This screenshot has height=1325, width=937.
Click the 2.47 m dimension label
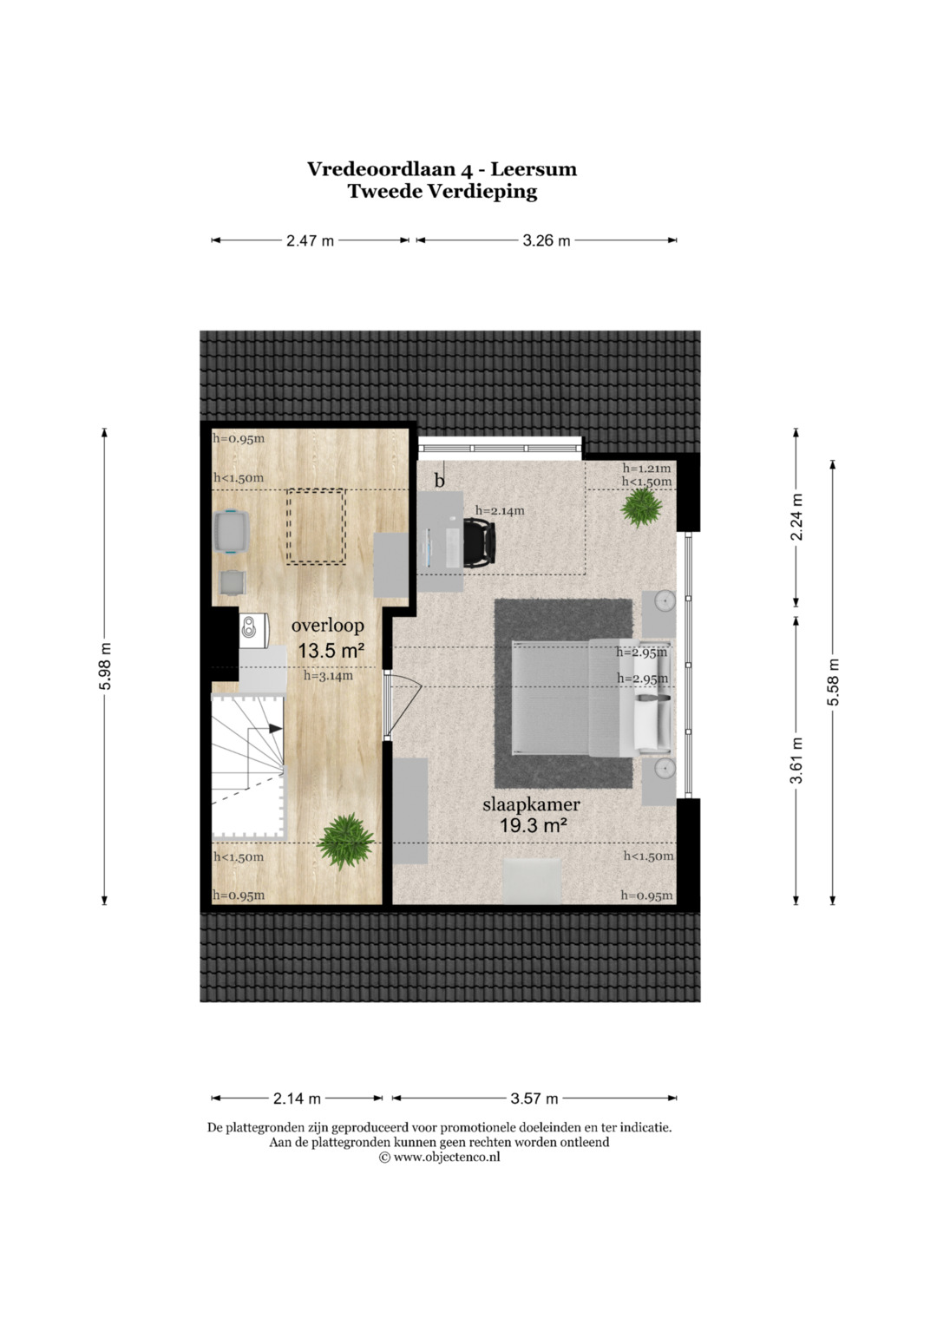310,240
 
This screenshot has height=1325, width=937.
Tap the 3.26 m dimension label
546,240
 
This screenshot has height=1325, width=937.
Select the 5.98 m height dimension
105,666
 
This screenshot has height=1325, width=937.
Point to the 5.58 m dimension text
833,681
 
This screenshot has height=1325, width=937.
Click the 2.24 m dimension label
796,516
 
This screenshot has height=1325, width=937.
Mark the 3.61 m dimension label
796,760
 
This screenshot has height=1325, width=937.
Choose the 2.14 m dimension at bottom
297,1099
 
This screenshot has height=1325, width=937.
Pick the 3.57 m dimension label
534,1099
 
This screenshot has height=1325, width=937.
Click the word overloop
327,626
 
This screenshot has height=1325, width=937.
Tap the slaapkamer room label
531,804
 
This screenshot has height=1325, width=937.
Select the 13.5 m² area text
330,652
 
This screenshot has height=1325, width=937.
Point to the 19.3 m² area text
534,824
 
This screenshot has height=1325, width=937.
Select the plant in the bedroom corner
640,509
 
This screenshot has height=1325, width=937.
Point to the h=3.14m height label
328,675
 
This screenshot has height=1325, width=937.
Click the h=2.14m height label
500,510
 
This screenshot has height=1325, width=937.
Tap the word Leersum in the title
534,169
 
